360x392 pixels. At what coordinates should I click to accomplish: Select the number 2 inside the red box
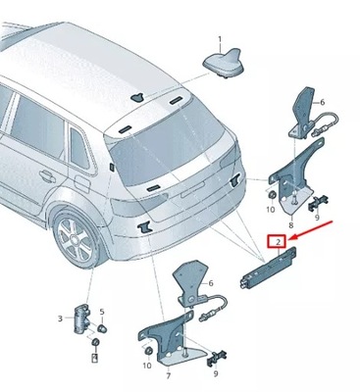pyautogui.click(x=279, y=240)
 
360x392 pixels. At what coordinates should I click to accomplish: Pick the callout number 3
pyautogui.click(x=61, y=318)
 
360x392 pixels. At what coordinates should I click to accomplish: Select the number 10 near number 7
pyautogui.click(x=148, y=366)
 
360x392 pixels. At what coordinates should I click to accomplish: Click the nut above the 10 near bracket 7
pyautogui.click(x=148, y=350)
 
